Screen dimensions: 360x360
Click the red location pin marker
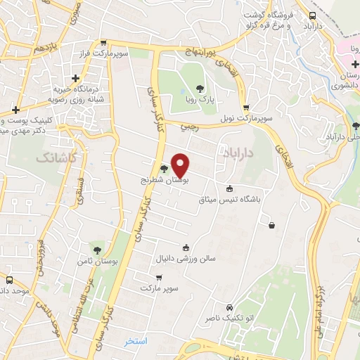[181, 166]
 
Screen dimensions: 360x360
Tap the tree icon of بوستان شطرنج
[164, 169]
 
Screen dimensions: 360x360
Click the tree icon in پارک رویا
[200, 89]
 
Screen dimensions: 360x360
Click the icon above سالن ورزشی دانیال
[186, 247]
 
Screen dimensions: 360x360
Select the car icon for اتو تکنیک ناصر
[230, 307]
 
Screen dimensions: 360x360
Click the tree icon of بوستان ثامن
[97, 250]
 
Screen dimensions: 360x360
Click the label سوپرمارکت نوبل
[245, 119]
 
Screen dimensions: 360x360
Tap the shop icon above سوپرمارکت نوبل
[245, 108]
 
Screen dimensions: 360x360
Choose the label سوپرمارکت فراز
[122, 53]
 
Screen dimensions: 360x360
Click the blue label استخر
[136, 341]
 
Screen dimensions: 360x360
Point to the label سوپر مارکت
[160, 289]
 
